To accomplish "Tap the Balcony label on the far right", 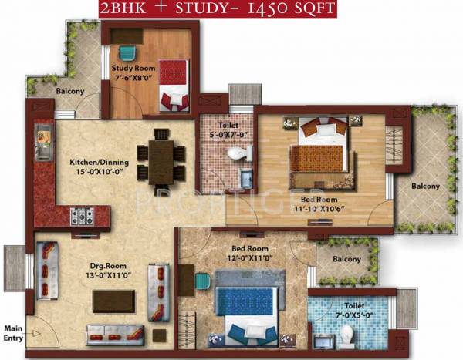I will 424,186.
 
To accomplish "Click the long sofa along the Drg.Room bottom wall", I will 115,333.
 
